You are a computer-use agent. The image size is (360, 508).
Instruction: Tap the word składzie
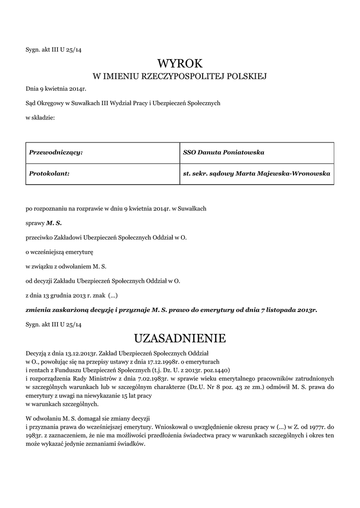click(x=43, y=118)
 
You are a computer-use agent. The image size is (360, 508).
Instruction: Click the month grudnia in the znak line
click(x=60, y=295)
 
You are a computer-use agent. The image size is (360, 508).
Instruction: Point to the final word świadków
click(x=131, y=444)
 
